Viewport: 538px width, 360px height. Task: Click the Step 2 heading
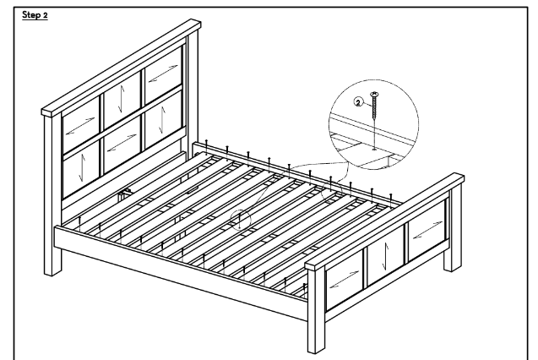point(35,15)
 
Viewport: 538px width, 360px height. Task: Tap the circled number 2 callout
point(358,102)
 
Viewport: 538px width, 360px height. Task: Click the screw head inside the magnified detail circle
point(374,93)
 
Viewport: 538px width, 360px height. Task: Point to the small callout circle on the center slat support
point(240,220)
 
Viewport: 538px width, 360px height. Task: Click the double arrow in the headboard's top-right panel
point(163,74)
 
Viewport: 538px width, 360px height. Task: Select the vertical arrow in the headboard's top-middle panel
point(121,99)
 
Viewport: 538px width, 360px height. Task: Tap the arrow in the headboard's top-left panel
point(80,126)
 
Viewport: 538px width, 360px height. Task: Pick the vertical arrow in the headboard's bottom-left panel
point(81,168)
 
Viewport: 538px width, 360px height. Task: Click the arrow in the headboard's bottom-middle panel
point(122,143)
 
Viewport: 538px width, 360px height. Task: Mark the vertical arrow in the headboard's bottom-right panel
point(162,119)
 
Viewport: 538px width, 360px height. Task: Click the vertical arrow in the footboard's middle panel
point(386,256)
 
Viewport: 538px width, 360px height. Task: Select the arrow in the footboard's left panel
point(344,279)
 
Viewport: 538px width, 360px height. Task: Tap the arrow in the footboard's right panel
point(428,230)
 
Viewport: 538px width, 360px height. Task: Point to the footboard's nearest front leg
point(316,311)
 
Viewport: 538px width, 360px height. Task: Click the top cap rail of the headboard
point(121,68)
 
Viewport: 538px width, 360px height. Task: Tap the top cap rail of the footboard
point(384,221)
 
